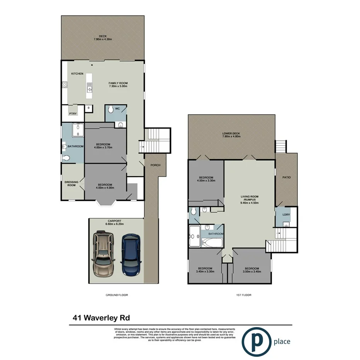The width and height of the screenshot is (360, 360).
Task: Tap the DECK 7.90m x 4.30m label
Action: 102,38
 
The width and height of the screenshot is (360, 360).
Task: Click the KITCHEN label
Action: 77,73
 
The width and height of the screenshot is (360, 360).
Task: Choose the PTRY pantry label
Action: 72,114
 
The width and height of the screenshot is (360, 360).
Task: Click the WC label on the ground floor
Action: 117,109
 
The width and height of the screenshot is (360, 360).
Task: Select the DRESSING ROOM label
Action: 72,183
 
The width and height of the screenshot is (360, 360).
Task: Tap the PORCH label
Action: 155,165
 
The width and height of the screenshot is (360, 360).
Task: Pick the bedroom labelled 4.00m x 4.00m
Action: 105,186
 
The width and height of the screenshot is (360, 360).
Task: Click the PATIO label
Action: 286,177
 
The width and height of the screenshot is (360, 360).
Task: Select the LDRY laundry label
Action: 286,214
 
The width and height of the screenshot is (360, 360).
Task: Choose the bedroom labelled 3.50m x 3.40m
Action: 251,270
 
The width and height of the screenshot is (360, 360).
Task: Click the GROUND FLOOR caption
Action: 117,295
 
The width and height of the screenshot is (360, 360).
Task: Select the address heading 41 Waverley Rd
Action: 101,318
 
